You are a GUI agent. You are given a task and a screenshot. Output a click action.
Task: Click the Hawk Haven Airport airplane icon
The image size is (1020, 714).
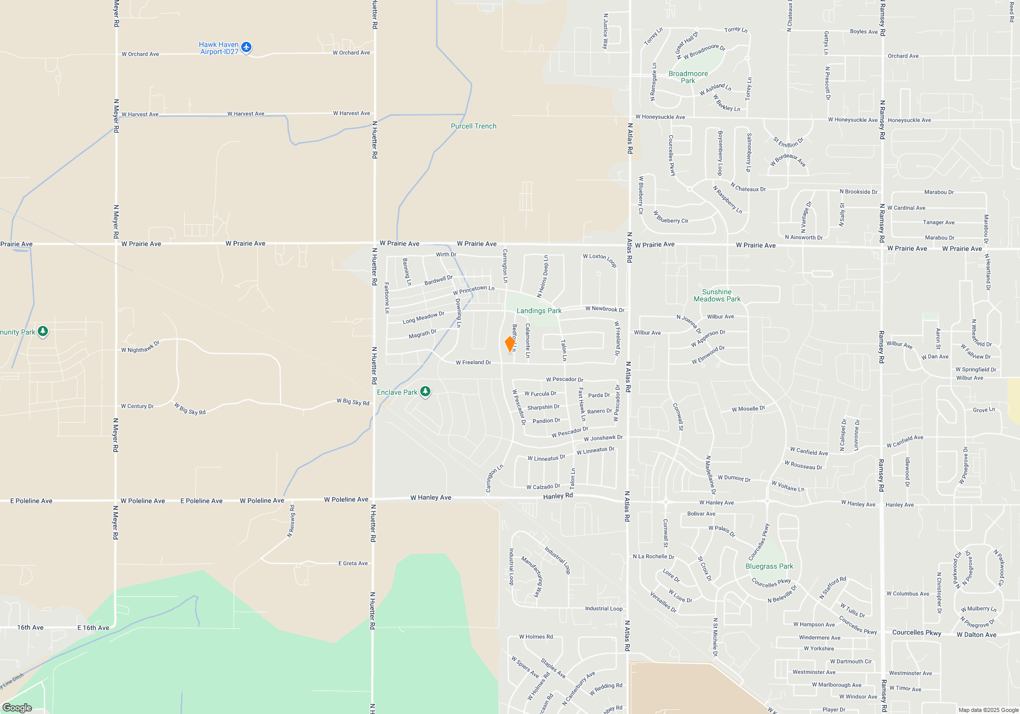[246, 47]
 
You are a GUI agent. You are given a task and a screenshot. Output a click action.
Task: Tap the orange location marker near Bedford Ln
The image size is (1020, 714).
[509, 344]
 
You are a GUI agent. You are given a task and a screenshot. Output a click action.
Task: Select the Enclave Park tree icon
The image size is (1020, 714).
[425, 392]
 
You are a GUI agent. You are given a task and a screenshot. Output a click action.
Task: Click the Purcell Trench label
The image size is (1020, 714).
[473, 126]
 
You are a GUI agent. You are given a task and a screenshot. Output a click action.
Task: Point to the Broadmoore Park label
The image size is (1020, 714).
[688, 77]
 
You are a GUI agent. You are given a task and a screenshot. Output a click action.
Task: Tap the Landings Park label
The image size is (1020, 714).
[539, 311]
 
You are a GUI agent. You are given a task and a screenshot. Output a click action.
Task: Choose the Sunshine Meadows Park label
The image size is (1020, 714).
[717, 295]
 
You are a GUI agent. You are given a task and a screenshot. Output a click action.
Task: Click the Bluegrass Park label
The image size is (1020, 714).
[769, 566]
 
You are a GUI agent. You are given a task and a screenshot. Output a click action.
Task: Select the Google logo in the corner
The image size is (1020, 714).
[17, 707]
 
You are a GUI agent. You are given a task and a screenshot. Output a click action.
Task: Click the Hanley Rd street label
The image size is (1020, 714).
[558, 496]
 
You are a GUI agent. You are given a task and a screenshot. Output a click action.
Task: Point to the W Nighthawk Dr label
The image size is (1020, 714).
[140, 347]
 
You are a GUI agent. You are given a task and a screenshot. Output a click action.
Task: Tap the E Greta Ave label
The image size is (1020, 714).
[353, 564]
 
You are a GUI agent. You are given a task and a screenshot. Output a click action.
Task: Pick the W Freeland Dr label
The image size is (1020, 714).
[473, 363]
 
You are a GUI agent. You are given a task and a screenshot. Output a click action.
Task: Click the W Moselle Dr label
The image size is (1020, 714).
[748, 409]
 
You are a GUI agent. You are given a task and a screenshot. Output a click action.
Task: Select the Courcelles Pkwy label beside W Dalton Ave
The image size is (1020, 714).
[916, 632]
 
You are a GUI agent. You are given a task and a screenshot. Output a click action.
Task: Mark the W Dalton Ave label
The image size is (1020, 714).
[976, 635]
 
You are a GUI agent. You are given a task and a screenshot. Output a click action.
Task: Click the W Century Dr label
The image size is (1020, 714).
[137, 406]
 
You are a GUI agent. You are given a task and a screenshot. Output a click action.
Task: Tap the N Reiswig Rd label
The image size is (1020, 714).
[291, 521]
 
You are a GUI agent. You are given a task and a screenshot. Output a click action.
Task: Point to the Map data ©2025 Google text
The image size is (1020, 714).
[988, 710]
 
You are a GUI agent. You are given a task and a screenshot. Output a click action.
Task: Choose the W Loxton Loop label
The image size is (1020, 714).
[600, 260]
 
